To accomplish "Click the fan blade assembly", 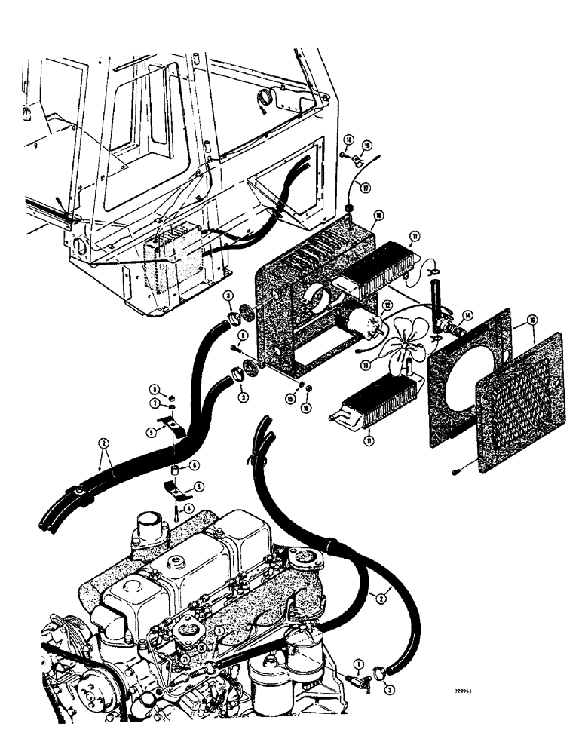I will tap(407, 350).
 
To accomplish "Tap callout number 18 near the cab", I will tap(350, 141).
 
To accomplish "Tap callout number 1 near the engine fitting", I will tap(360, 664).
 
